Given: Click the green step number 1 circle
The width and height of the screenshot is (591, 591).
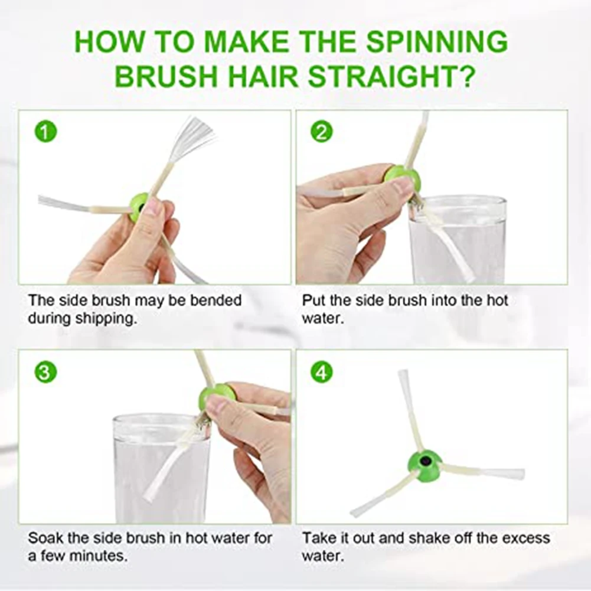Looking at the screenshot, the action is click(45, 132).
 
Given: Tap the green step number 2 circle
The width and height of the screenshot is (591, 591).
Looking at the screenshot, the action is click(322, 132).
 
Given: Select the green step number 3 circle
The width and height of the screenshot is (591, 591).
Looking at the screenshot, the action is click(45, 372).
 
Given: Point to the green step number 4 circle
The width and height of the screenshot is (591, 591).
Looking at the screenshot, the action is click(322, 372).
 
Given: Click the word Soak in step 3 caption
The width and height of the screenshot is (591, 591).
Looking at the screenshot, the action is click(45, 538).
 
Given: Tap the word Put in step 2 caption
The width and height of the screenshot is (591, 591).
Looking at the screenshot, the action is click(314, 301).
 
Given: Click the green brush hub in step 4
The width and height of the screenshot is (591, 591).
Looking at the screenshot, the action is click(425, 466).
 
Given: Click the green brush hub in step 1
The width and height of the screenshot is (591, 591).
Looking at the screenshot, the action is click(139, 207).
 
